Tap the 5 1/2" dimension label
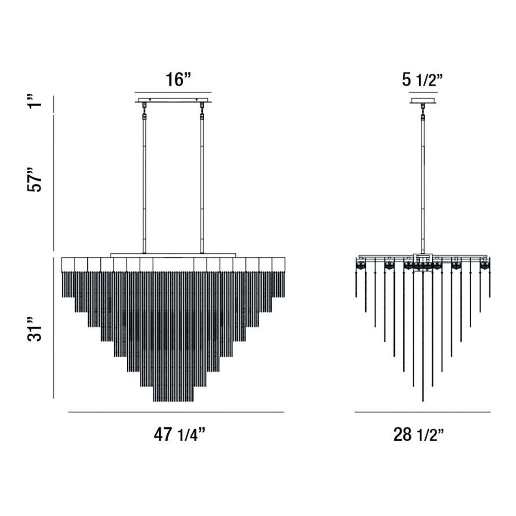pyautogui.click(x=422, y=80)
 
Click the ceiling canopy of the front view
pyautogui.click(x=173, y=101)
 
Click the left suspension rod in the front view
pyautogui.click(x=144, y=185)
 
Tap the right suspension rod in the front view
pyautogui.click(x=201, y=185)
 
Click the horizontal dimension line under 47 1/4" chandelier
pyautogui.click(x=176, y=412)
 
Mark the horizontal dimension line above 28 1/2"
pyautogui.click(x=422, y=412)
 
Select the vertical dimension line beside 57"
pyautogui.click(x=53, y=183)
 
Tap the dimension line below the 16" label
pyautogui.click(x=173, y=92)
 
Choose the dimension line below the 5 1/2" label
pyautogui.click(x=423, y=92)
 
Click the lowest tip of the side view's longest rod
pyautogui.click(x=423, y=401)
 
